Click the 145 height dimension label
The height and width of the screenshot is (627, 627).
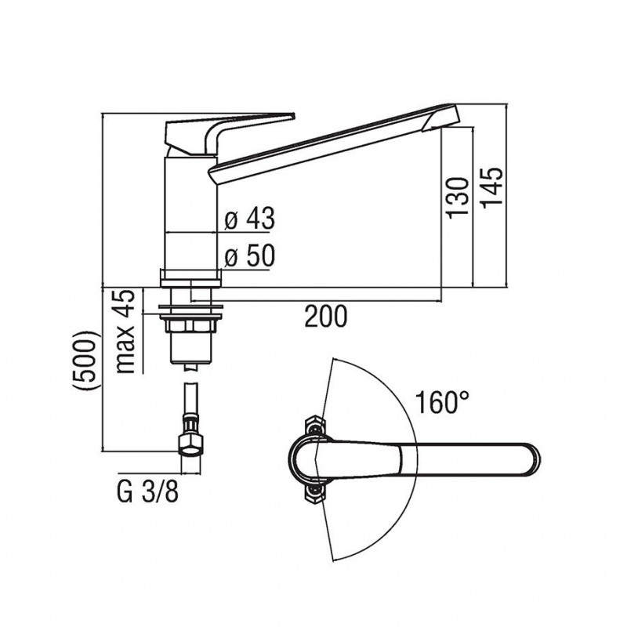click(x=492, y=187)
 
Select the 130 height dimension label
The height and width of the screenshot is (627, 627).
click(x=458, y=198)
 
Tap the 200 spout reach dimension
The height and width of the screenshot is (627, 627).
click(x=326, y=317)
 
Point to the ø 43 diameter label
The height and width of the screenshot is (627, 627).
click(x=249, y=219)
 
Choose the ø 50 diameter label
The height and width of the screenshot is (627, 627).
click(x=249, y=256)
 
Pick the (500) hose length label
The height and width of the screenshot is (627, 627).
click(x=85, y=360)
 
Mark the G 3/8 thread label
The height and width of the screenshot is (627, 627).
click(x=147, y=492)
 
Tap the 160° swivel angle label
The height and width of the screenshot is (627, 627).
click(x=442, y=402)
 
